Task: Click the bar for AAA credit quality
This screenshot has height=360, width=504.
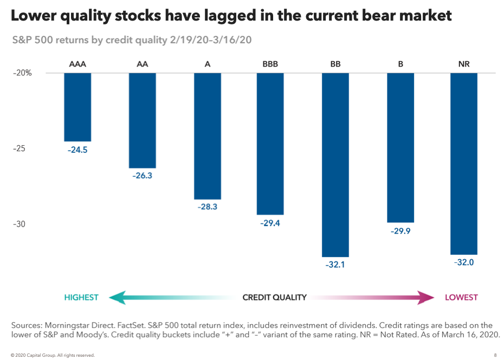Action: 77,107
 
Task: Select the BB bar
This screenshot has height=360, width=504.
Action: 335,164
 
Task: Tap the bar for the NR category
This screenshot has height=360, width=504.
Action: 464,163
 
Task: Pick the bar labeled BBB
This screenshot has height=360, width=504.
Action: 270,144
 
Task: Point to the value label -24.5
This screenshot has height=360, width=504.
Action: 77,150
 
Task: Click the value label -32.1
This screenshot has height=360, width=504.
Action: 335,266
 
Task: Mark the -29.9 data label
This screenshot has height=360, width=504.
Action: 400,232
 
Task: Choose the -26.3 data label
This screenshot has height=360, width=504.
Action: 142,177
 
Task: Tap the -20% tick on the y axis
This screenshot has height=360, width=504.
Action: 23,73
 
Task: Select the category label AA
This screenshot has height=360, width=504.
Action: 142,64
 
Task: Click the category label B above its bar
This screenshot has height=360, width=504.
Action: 400,64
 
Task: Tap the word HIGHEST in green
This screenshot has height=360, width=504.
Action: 81,297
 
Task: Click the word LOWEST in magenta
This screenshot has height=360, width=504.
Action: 461,297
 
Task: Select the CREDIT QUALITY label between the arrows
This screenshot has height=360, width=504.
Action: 274,297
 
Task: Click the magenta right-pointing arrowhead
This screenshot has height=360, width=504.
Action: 427,297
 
